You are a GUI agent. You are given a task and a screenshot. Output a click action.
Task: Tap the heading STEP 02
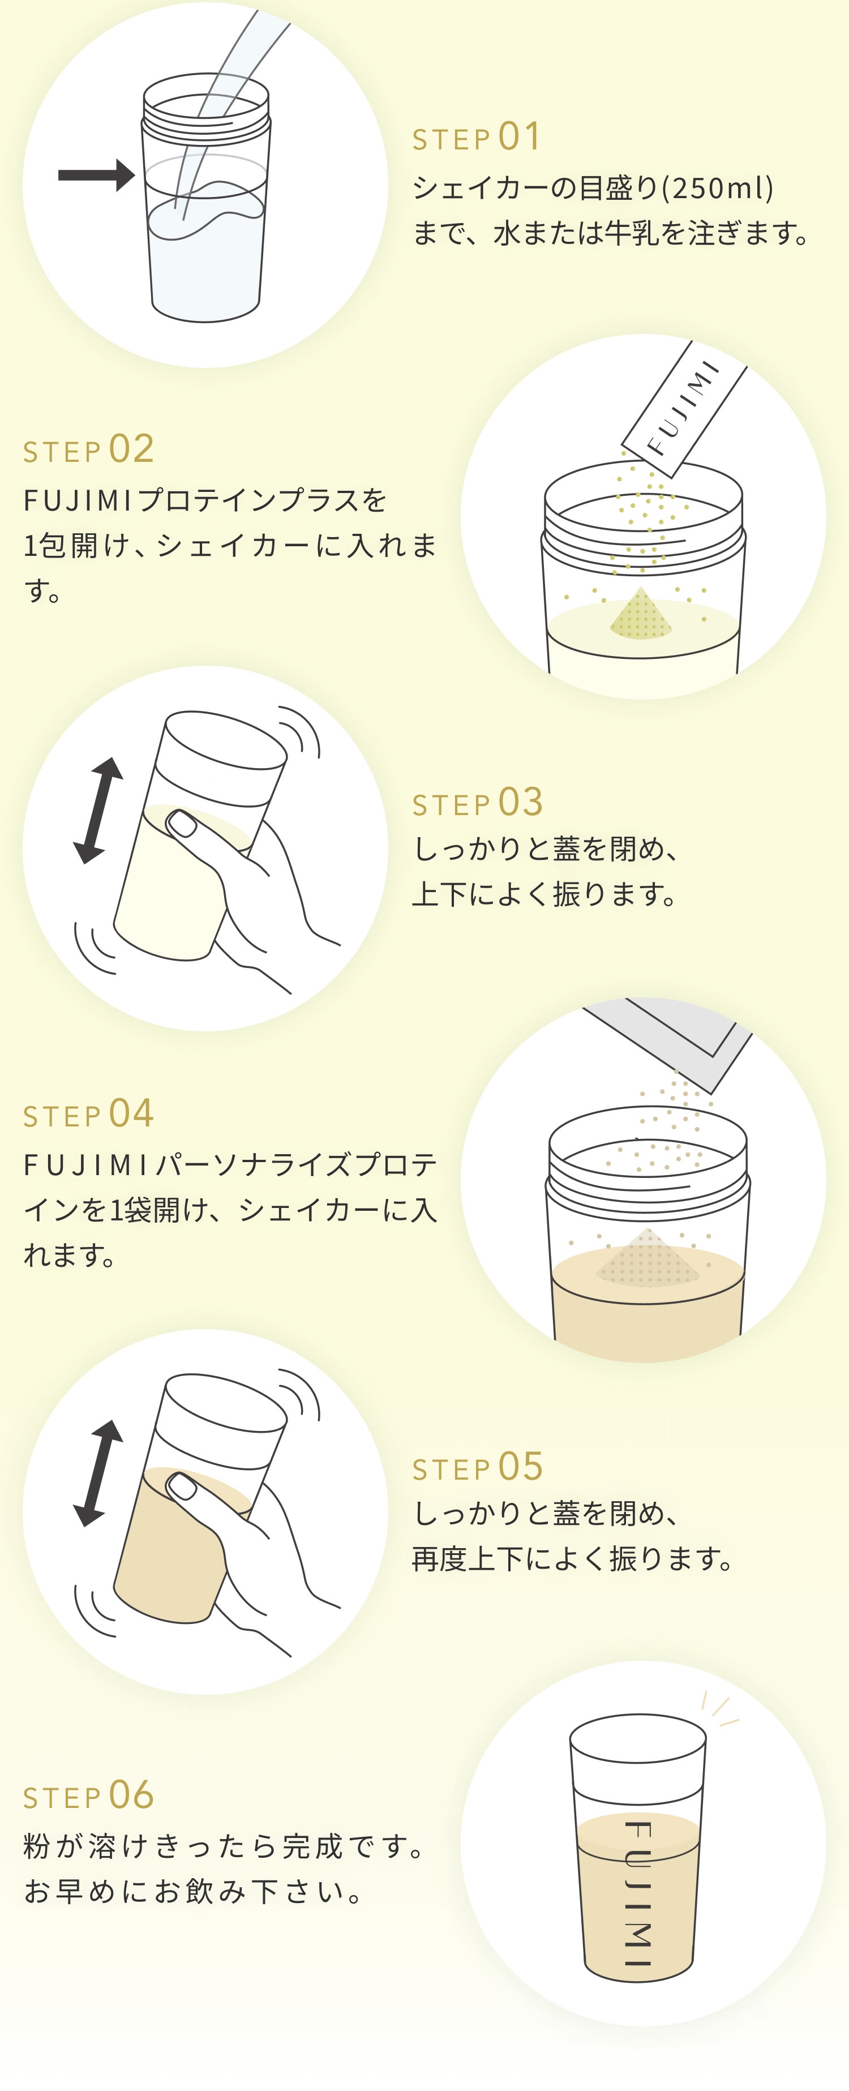point(88,449)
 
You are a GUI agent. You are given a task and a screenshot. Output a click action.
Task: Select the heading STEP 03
point(477,803)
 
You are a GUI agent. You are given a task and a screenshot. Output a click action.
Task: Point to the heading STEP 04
point(88,1113)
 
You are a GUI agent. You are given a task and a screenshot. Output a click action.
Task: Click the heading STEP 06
point(88,1796)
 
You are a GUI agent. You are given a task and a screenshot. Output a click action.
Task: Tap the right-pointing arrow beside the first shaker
point(96,174)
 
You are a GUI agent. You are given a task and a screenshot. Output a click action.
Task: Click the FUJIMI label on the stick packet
point(683,408)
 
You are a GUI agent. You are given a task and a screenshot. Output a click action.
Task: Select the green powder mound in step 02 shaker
point(640,615)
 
